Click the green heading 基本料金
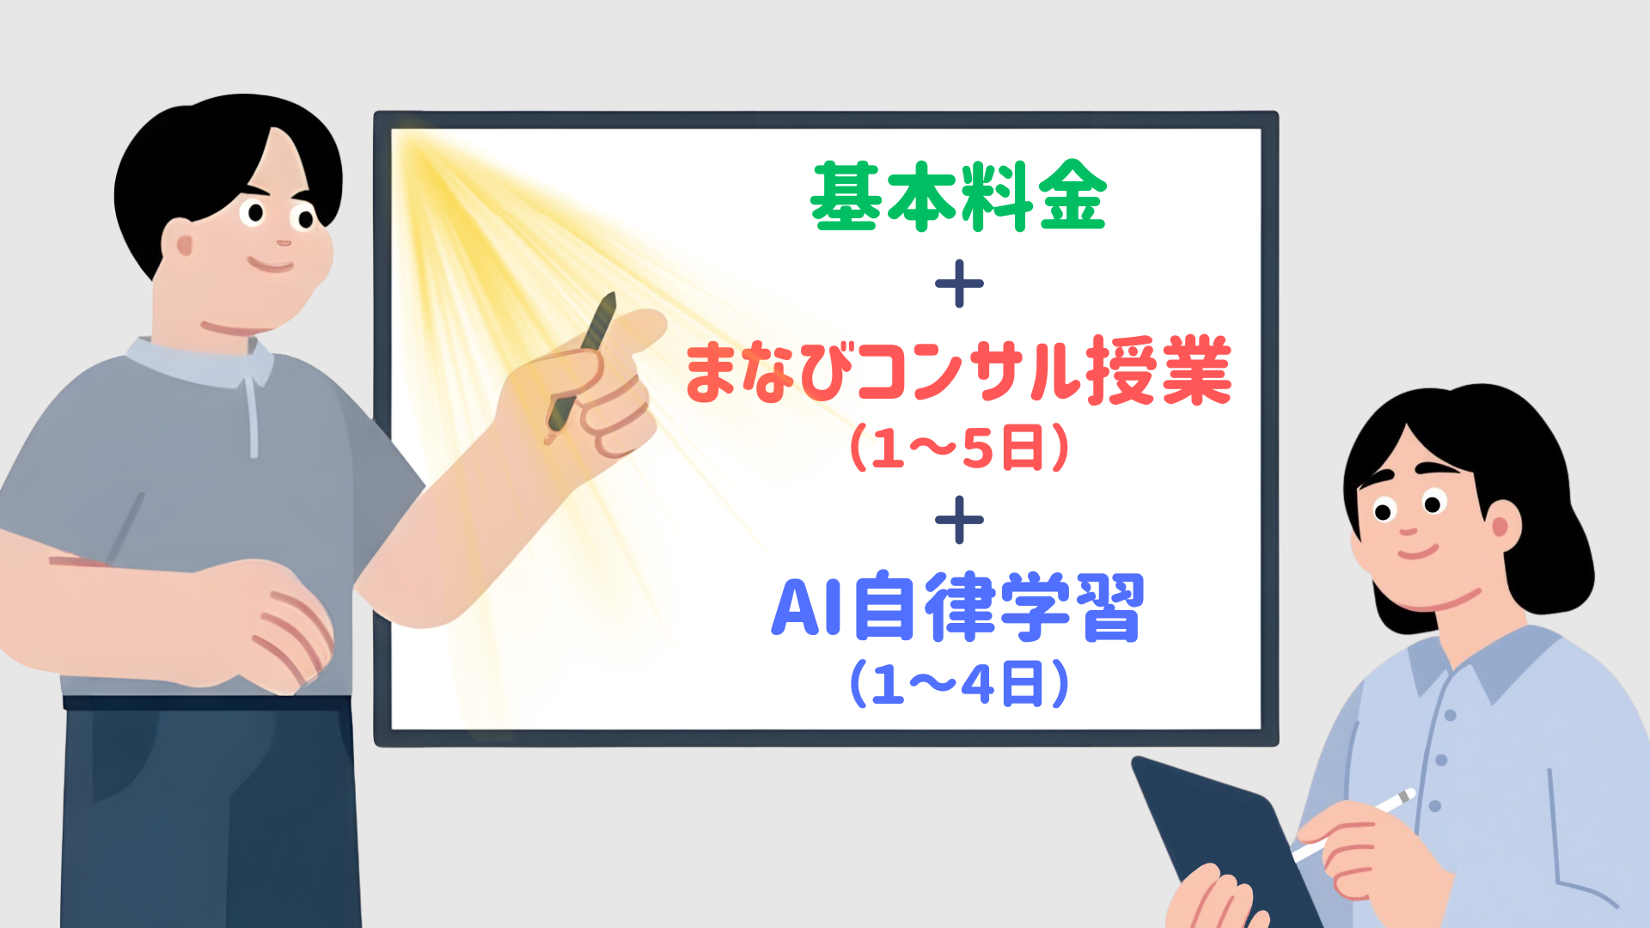[958, 196]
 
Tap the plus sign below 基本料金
[959, 284]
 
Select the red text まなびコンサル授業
[959, 371]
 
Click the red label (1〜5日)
[959, 447]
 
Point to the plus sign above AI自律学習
[959, 520]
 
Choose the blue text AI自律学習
[958, 607]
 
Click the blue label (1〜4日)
[959, 684]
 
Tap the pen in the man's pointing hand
[581, 368]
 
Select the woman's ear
[1501, 523]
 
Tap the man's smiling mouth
[272, 263]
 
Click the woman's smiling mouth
[1419, 550]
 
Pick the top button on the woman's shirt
[1450, 715]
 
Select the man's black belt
[206, 703]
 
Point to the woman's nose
[1408, 528]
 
